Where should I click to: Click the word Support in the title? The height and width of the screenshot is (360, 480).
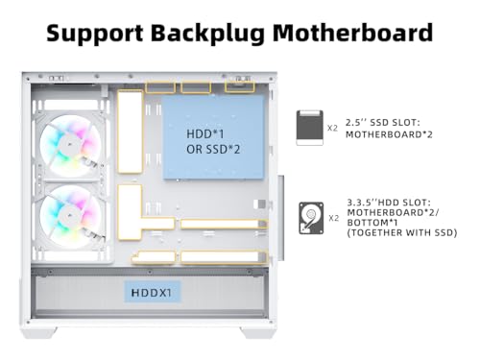click(95, 34)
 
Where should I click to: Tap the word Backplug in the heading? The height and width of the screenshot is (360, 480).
click(207, 34)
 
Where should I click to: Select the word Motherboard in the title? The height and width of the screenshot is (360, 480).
click(353, 33)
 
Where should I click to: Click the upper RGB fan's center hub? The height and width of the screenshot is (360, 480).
click(70, 145)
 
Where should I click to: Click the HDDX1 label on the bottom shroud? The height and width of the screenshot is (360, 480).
click(152, 292)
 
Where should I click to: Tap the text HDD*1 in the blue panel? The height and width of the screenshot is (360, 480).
click(205, 133)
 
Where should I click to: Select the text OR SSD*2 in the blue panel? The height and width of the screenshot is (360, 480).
click(213, 149)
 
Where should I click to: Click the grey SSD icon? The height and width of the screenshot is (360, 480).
click(310, 128)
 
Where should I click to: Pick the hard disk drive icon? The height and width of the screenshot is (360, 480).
click(311, 218)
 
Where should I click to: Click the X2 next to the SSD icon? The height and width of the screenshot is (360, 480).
click(332, 128)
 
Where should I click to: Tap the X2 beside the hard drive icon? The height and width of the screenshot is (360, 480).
click(334, 218)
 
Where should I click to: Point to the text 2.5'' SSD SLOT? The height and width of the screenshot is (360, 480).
click(383, 123)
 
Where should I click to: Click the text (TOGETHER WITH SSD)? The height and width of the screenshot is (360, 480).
click(402, 232)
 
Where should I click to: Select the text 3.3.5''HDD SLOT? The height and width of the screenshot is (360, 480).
click(389, 203)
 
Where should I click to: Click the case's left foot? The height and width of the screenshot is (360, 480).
click(39, 332)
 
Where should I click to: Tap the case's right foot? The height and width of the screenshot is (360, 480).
click(258, 332)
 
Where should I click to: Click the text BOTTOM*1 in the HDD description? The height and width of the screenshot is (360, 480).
click(372, 223)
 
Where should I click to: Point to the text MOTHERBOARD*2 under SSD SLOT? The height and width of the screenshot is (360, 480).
click(389, 134)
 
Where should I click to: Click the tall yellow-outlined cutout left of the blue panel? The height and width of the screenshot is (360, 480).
click(130, 132)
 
